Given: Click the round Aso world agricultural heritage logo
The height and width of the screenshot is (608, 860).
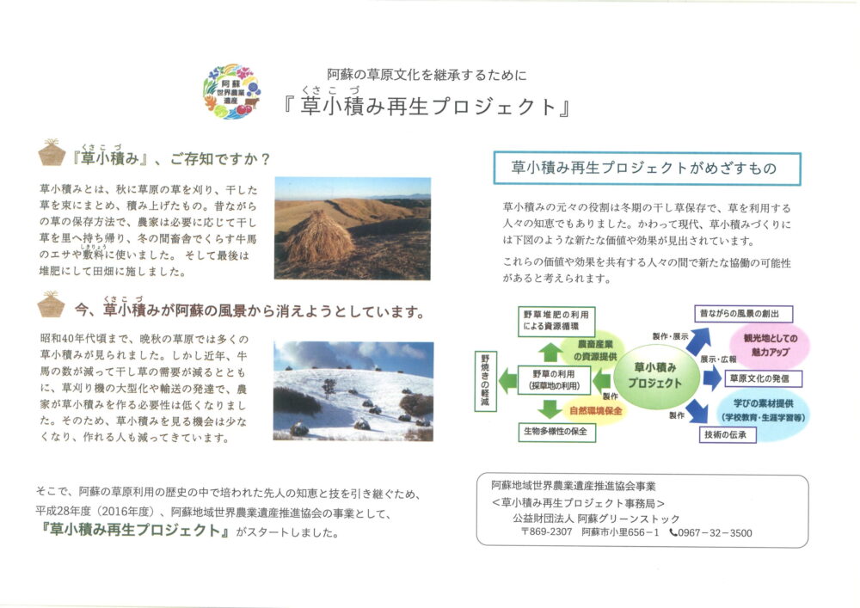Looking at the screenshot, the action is click(x=231, y=91).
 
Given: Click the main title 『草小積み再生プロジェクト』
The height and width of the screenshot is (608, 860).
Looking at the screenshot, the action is click(x=427, y=107).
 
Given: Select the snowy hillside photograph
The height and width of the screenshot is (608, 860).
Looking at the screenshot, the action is click(x=353, y=391).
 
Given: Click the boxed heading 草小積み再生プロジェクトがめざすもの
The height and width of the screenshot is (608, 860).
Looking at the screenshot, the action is click(x=647, y=169).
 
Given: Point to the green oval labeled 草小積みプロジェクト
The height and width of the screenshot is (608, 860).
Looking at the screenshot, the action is click(x=655, y=376).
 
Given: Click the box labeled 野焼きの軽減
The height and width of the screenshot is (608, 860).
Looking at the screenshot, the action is click(x=485, y=382).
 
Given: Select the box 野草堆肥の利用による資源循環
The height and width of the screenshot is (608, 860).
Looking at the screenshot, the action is click(x=556, y=321).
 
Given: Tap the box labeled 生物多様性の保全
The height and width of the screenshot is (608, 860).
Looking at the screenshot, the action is click(x=556, y=432).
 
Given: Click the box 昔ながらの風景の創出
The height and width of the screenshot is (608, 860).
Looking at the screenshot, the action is click(x=743, y=314).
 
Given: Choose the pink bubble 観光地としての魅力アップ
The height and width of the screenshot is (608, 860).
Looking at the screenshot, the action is click(x=770, y=345).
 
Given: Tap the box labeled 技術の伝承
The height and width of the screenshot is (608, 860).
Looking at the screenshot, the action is click(x=728, y=434).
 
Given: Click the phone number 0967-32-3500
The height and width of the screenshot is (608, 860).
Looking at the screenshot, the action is click(x=711, y=533).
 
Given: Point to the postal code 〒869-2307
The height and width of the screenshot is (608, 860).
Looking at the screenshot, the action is click(x=546, y=532).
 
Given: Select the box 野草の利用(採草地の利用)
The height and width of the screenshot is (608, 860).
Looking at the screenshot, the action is click(x=554, y=380).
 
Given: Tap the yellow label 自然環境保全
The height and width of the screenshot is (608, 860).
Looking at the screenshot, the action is click(x=596, y=411).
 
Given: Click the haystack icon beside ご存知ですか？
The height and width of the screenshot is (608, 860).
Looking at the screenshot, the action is click(x=52, y=152).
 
